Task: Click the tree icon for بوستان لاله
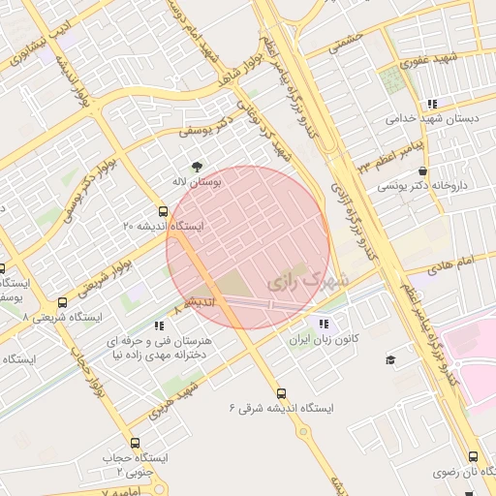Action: pyautogui.click(x=199, y=166)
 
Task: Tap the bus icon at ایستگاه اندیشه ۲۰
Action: pyautogui.click(x=162, y=210)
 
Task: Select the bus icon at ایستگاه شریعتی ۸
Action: pyautogui.click(x=64, y=301)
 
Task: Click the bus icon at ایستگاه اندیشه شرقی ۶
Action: pyautogui.click(x=281, y=393)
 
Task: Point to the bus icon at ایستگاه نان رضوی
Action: pyautogui.click(x=473, y=456)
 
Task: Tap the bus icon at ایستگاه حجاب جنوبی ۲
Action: pyautogui.click(x=134, y=443)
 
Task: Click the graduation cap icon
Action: pyautogui.click(x=390, y=359)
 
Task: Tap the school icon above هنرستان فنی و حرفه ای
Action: pyautogui.click(x=159, y=326)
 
